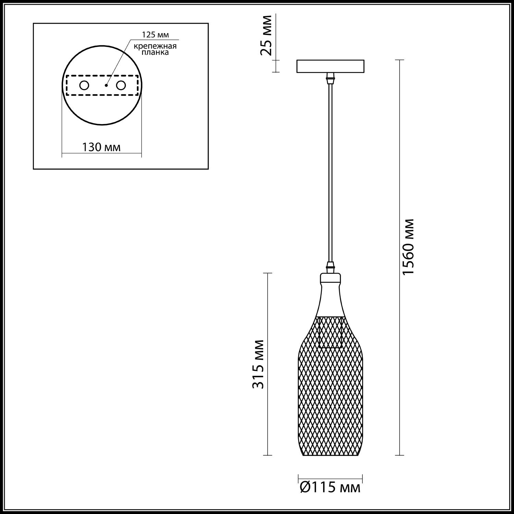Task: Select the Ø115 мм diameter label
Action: [x=330, y=487]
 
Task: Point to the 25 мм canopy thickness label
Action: [x=266, y=35]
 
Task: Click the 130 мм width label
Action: [x=101, y=147]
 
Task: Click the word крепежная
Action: [x=156, y=46]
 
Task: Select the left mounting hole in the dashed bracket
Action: [x=84, y=85]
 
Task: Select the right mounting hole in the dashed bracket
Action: [x=121, y=85]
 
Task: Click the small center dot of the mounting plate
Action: [x=106, y=85]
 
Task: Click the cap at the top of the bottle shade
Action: [x=330, y=277]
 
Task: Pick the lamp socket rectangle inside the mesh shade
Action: [x=330, y=332]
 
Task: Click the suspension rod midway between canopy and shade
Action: [x=330, y=171]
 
